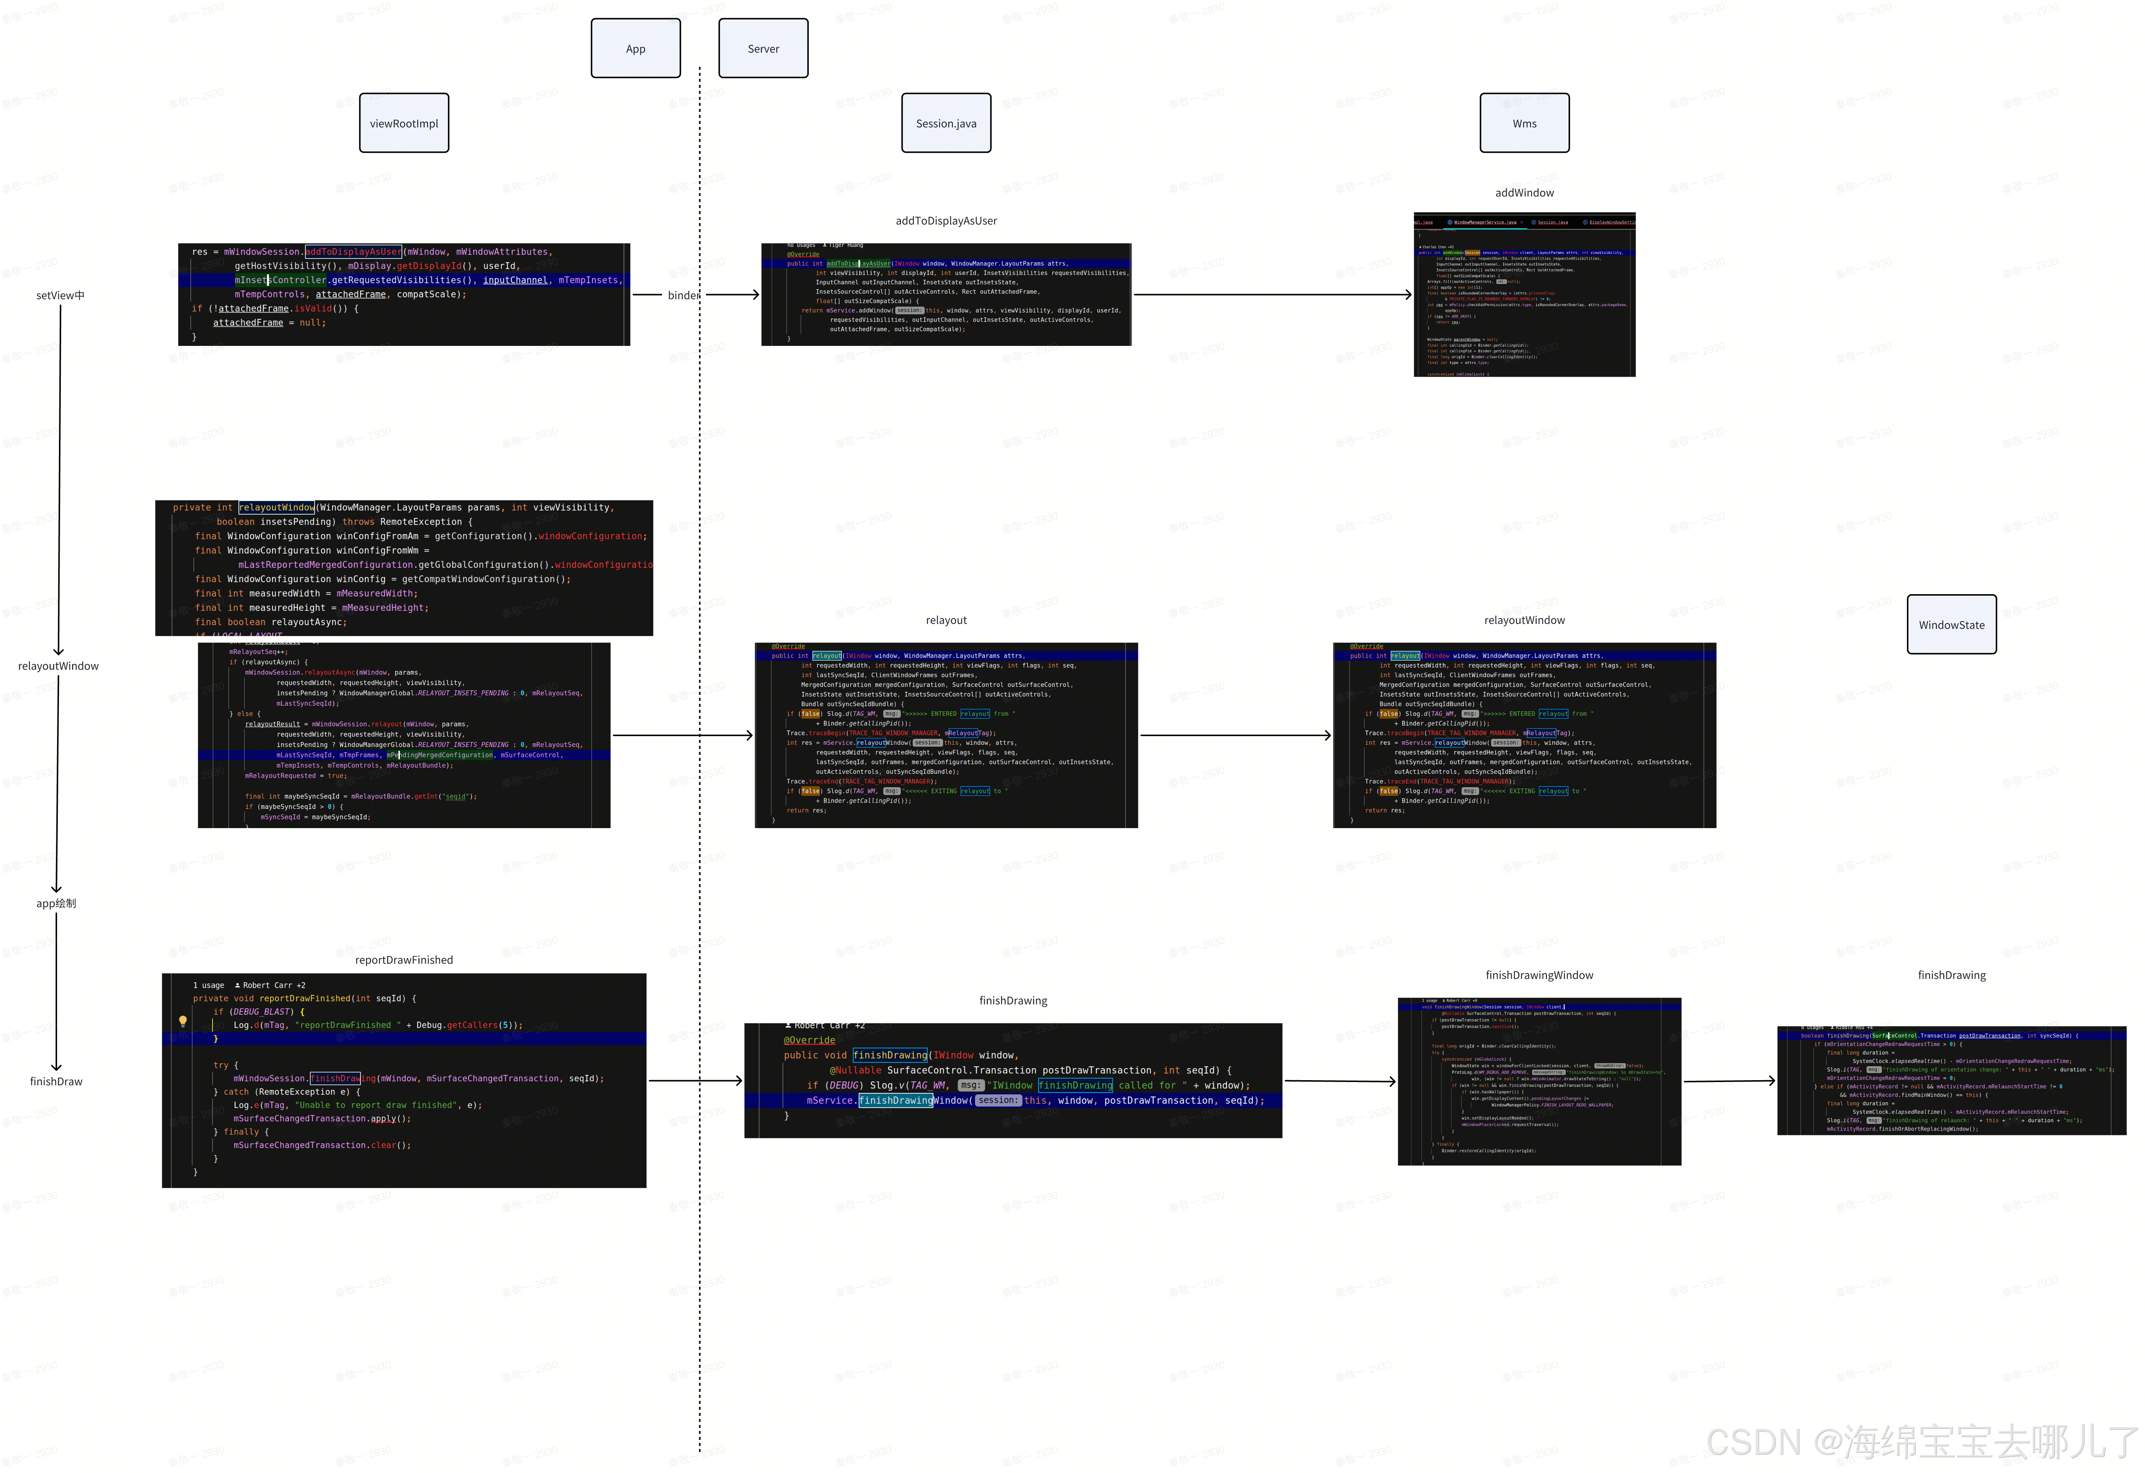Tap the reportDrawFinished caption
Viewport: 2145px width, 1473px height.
pyautogui.click(x=403, y=960)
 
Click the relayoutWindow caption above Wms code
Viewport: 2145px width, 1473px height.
pyautogui.click(x=1524, y=620)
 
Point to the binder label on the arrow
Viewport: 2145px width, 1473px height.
pyautogui.click(x=683, y=295)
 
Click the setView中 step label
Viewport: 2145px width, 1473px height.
pyautogui.click(x=60, y=295)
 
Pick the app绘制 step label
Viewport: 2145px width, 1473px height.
pyautogui.click(x=56, y=904)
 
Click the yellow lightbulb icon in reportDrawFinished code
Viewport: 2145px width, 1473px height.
pyautogui.click(x=183, y=1021)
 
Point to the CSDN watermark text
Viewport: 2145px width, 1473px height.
pyautogui.click(x=1920, y=1441)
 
